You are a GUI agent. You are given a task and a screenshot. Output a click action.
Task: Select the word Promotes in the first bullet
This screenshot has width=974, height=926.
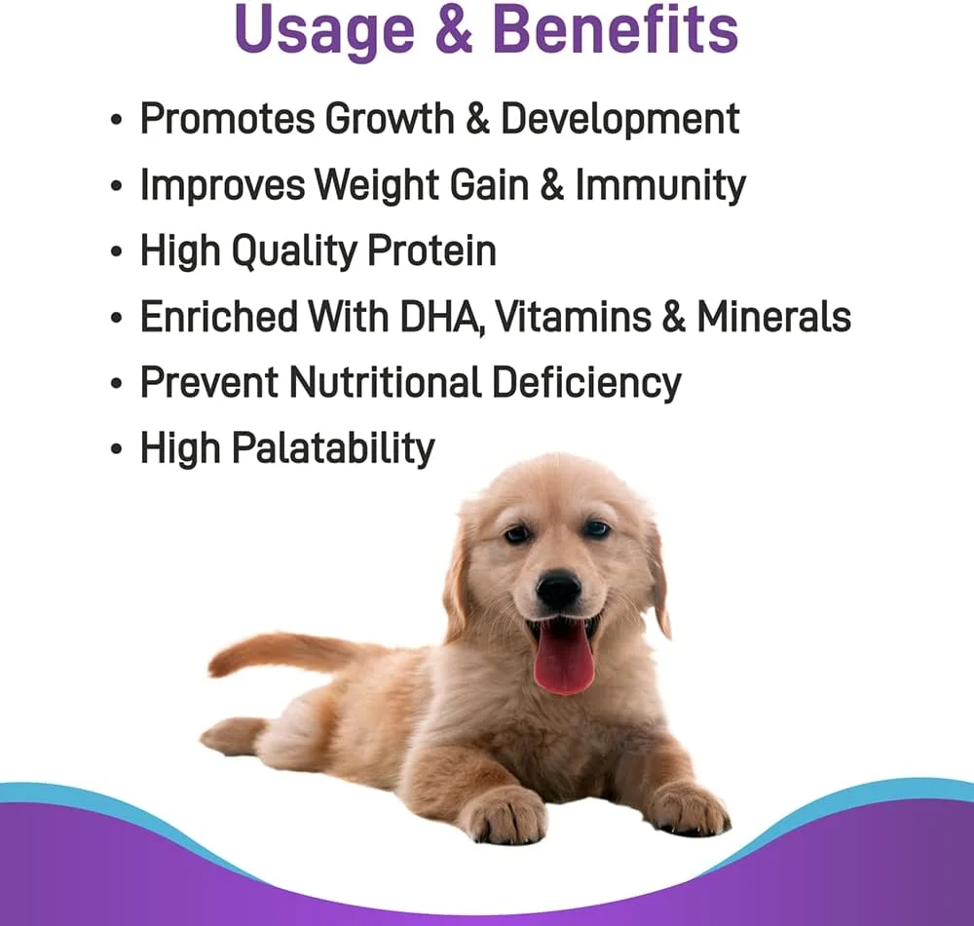pyautogui.click(x=228, y=118)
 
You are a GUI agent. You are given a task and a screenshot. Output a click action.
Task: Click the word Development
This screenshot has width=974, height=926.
pyautogui.click(x=619, y=119)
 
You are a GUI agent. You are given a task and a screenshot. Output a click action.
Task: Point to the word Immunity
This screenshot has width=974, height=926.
pyautogui.click(x=660, y=185)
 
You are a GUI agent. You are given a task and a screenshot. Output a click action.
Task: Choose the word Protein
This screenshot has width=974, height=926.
pyautogui.click(x=431, y=251)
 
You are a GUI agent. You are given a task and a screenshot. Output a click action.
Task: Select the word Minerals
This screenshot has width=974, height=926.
pyautogui.click(x=773, y=317)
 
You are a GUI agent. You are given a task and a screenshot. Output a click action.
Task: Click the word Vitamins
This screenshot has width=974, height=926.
pyautogui.click(x=573, y=317)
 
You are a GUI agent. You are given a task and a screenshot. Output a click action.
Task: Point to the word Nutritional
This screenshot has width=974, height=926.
pyautogui.click(x=385, y=381)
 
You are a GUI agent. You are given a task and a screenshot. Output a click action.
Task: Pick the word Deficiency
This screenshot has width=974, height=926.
pyautogui.click(x=586, y=383)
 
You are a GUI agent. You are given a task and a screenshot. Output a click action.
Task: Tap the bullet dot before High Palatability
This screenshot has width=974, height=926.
pyautogui.click(x=116, y=448)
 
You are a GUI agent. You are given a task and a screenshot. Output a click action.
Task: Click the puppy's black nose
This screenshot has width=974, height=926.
pyautogui.click(x=558, y=588)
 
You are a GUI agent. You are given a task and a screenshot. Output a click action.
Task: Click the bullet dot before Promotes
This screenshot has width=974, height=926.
pyautogui.click(x=116, y=119)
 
